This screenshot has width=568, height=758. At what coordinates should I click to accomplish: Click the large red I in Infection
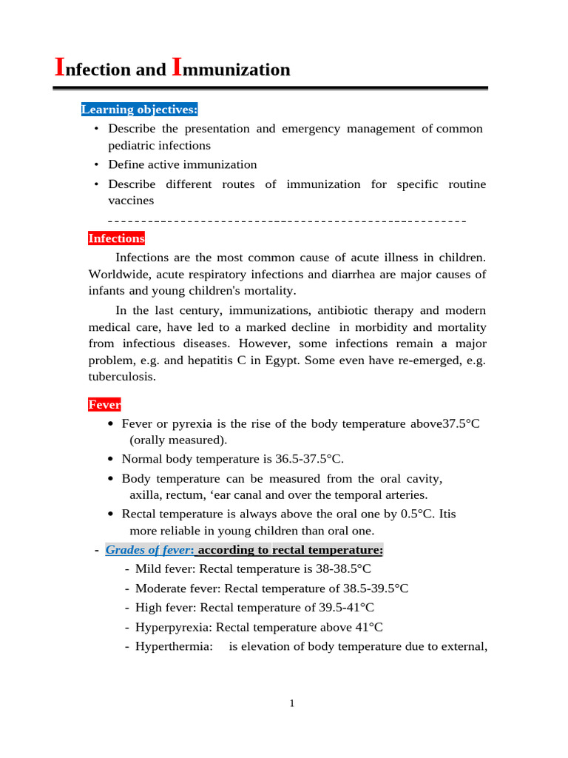click(x=61, y=67)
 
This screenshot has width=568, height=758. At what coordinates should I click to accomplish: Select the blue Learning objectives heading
click(x=139, y=110)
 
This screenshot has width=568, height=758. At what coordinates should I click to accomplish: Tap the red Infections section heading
click(x=116, y=238)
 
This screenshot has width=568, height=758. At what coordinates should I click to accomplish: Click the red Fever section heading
click(x=104, y=404)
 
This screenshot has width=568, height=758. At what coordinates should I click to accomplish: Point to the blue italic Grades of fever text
click(x=149, y=550)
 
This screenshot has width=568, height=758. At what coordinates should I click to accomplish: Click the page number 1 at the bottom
click(x=292, y=703)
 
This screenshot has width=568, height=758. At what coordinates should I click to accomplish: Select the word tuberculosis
click(x=122, y=376)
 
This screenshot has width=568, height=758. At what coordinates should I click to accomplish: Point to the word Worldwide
click(x=119, y=275)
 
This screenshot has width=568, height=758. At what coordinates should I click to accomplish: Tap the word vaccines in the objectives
click(x=131, y=201)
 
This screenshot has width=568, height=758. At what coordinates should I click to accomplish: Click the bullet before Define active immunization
click(x=96, y=164)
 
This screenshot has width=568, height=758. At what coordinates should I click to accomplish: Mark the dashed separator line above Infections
click(x=287, y=221)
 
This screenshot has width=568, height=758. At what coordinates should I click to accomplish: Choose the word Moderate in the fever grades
click(x=159, y=588)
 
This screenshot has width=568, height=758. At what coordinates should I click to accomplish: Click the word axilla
click(x=145, y=494)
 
